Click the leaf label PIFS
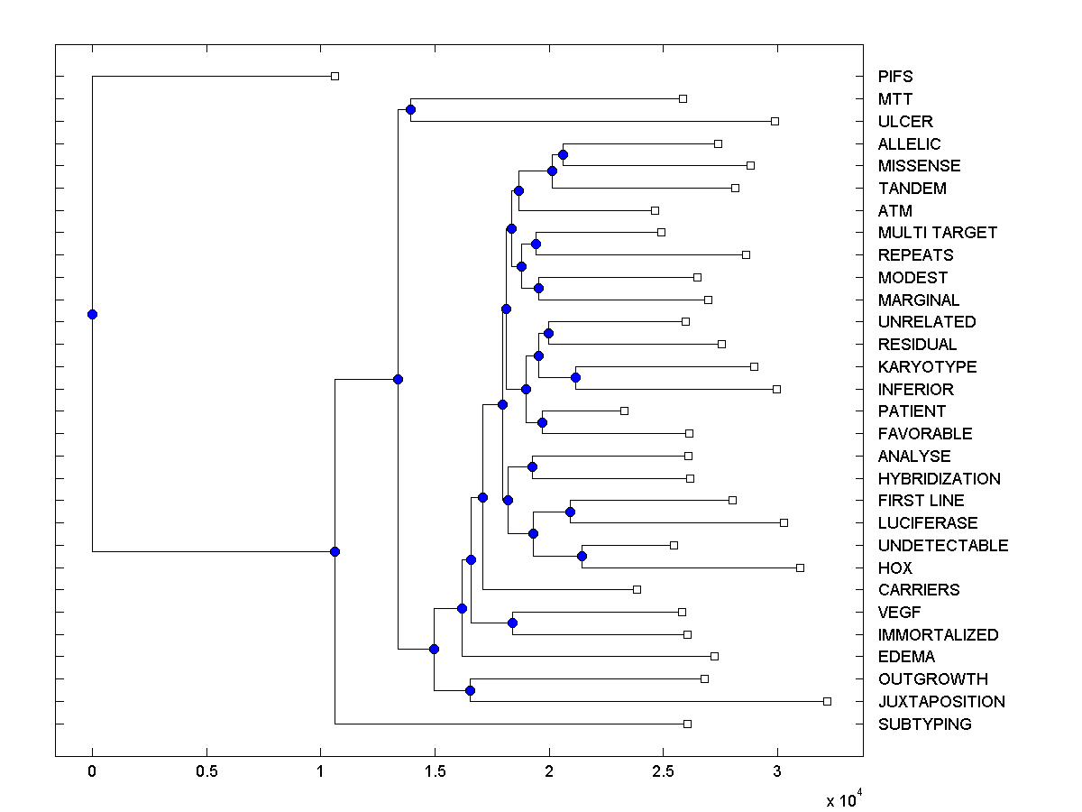point(895,77)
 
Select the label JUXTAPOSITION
point(941,702)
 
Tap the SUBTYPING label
point(924,724)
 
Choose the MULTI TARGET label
point(938,233)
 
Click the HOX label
point(895,568)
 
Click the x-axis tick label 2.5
point(663,772)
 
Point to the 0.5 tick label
point(206,772)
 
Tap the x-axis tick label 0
point(92,772)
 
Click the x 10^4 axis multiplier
point(844,798)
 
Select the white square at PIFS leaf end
point(335,76)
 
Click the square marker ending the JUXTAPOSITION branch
point(827,701)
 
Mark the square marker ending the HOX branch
point(800,567)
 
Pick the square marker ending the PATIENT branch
point(624,411)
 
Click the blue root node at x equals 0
point(92,314)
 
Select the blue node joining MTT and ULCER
point(410,109)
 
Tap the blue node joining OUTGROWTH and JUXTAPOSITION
point(470,690)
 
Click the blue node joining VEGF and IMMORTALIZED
point(512,623)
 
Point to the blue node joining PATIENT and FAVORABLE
point(543,422)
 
